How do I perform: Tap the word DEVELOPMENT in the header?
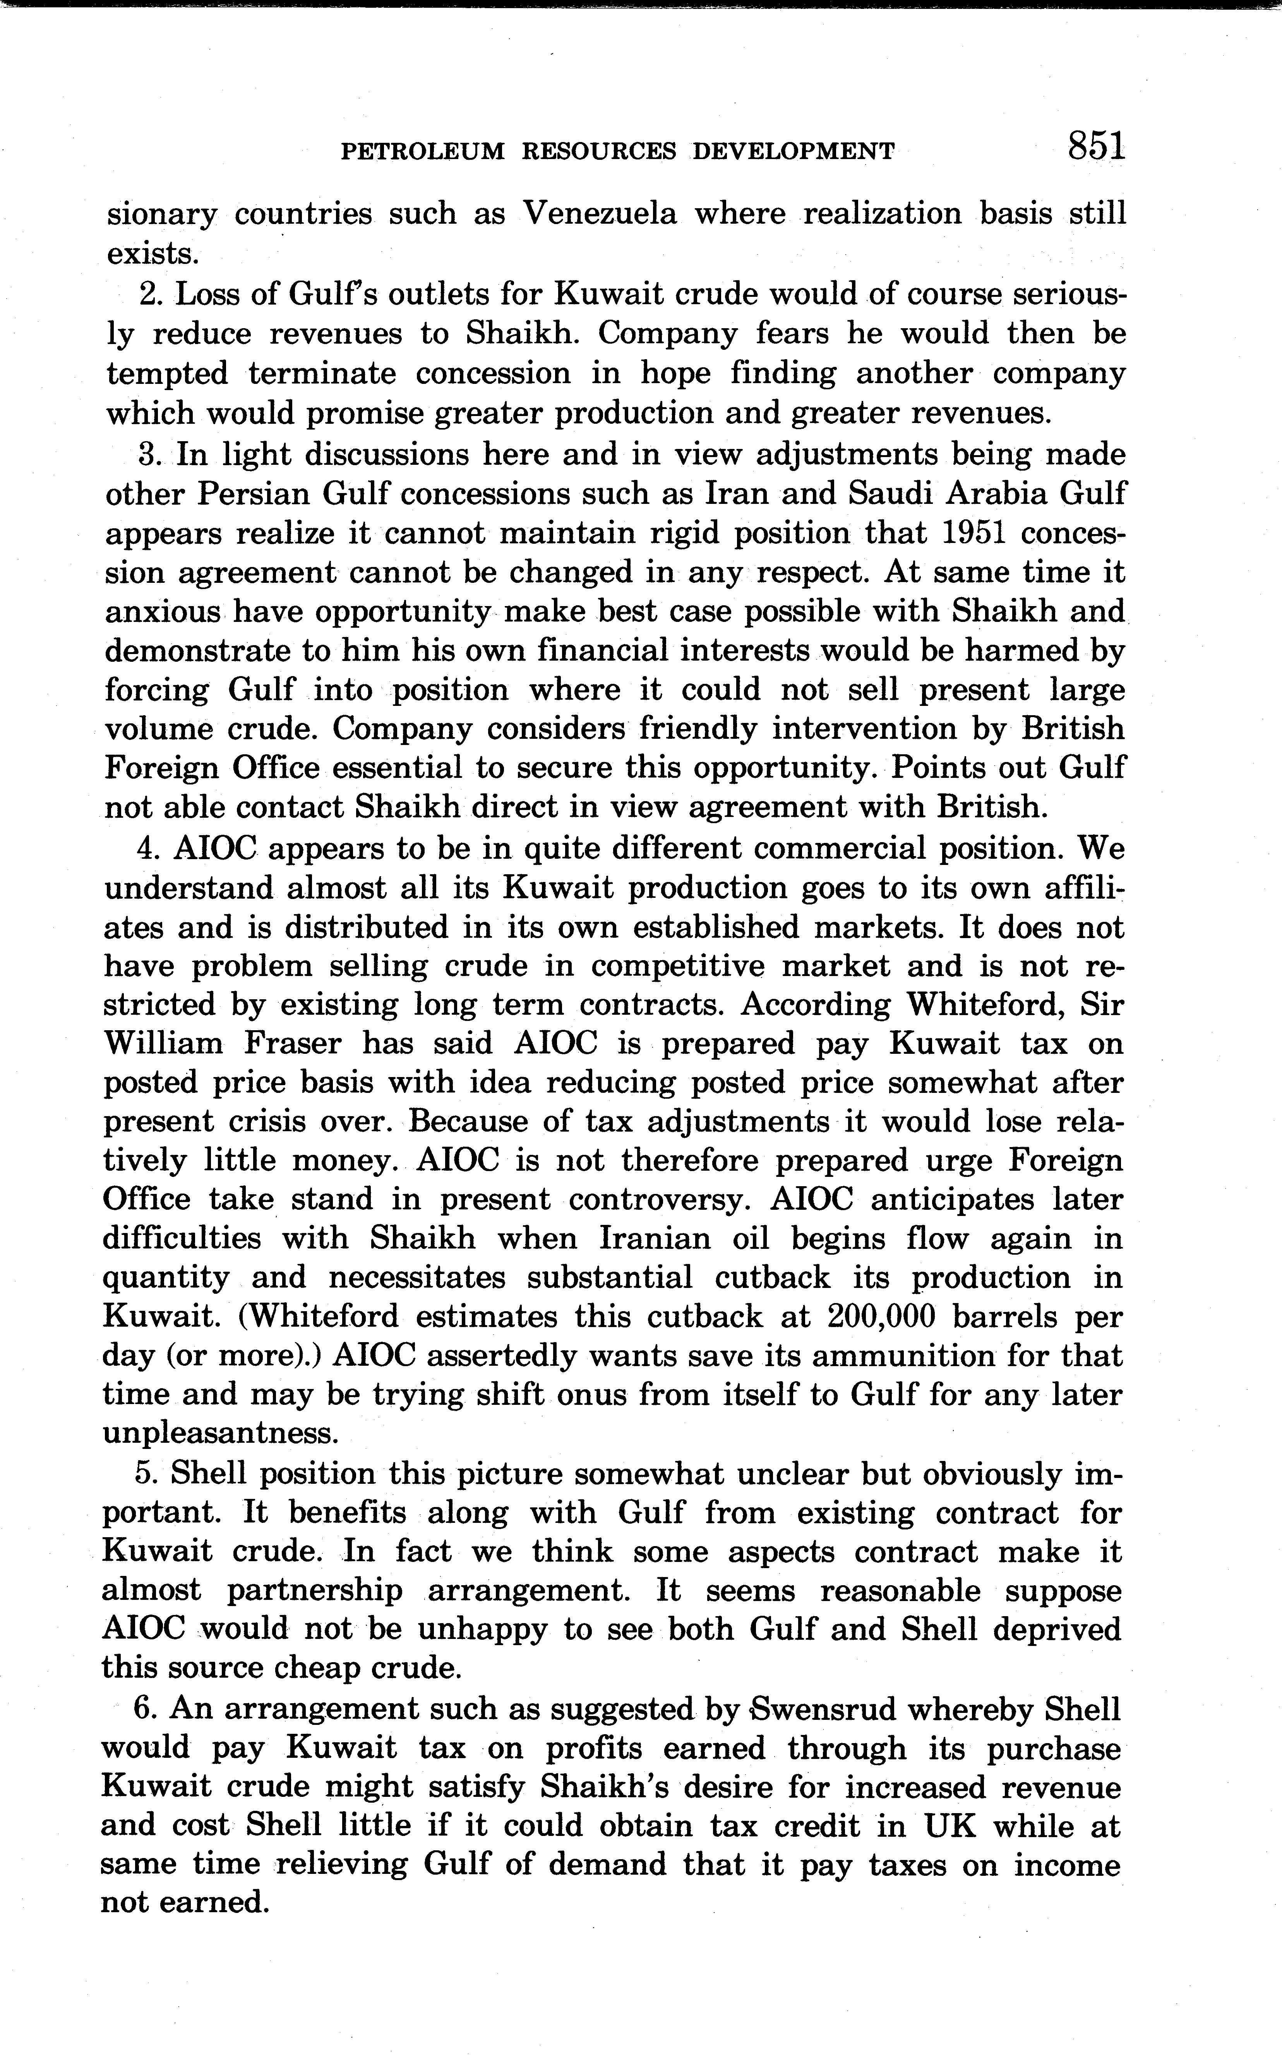click(794, 152)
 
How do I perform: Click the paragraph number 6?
click(142, 1709)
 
